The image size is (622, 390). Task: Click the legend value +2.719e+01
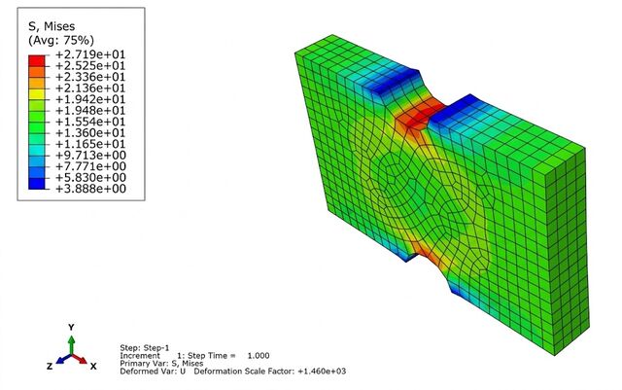tap(90, 54)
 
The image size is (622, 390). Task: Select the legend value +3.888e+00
tap(90, 189)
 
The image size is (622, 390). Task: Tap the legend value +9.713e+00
tap(90, 155)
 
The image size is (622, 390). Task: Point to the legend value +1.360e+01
tap(90, 132)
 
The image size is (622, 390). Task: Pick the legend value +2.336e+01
tap(90, 76)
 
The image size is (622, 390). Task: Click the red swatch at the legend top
tap(37, 60)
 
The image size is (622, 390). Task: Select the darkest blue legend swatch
tap(37, 183)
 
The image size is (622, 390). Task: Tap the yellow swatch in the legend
tap(37, 94)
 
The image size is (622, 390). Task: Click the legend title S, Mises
tap(52, 26)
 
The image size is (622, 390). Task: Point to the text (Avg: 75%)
tap(61, 40)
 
